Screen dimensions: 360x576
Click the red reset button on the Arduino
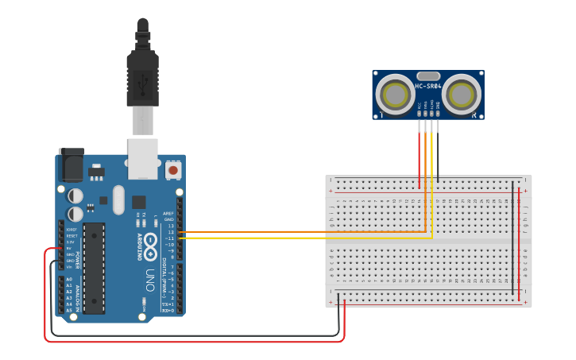click(172, 170)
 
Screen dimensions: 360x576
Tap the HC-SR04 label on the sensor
click(427, 86)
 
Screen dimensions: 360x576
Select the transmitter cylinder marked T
click(394, 94)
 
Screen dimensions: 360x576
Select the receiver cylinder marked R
click(462, 94)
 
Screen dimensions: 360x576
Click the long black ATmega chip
click(94, 268)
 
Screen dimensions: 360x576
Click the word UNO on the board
click(149, 279)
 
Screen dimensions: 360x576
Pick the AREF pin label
click(168, 213)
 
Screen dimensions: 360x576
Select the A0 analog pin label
click(69, 280)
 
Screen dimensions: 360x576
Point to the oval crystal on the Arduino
click(119, 199)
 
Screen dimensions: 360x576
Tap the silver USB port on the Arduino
click(143, 157)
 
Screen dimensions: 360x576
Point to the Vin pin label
click(70, 267)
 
